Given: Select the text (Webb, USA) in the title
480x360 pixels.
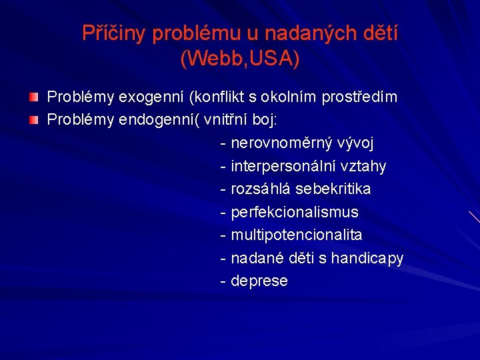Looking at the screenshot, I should click(x=240, y=59).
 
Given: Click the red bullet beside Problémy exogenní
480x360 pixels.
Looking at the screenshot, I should click(x=33, y=98).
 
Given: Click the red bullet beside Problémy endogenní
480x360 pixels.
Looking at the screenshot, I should click(x=33, y=121).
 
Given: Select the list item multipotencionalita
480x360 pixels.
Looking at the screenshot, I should click(x=296, y=235).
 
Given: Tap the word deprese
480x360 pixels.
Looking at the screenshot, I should click(x=259, y=281).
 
